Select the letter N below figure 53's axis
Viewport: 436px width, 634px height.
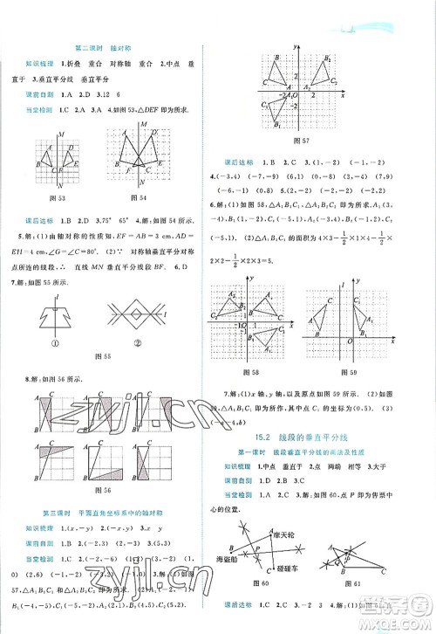coord(59,186)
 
